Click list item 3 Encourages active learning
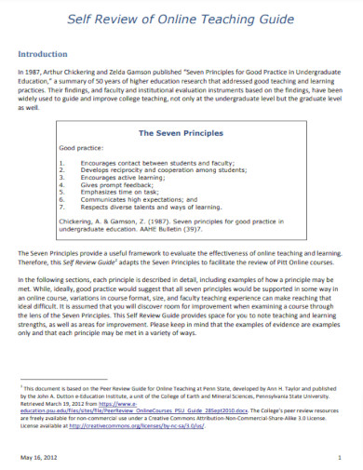130,178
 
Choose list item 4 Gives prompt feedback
124,184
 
